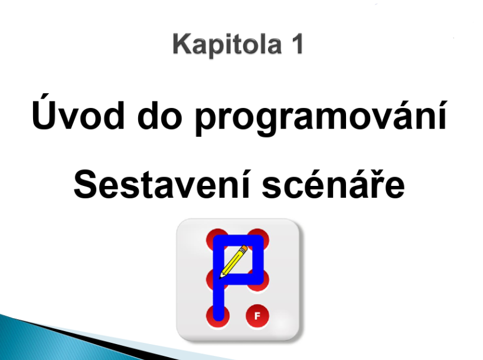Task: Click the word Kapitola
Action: (x=227, y=45)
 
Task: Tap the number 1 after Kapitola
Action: (x=296, y=44)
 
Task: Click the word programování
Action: (x=321, y=116)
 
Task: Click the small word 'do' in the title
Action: (x=159, y=114)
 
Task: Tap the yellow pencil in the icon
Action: (x=233, y=262)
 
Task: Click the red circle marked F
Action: (x=257, y=316)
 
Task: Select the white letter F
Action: (x=257, y=316)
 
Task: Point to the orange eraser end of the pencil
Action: (x=244, y=248)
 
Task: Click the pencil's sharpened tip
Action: (x=220, y=278)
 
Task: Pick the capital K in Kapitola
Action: (x=182, y=44)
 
